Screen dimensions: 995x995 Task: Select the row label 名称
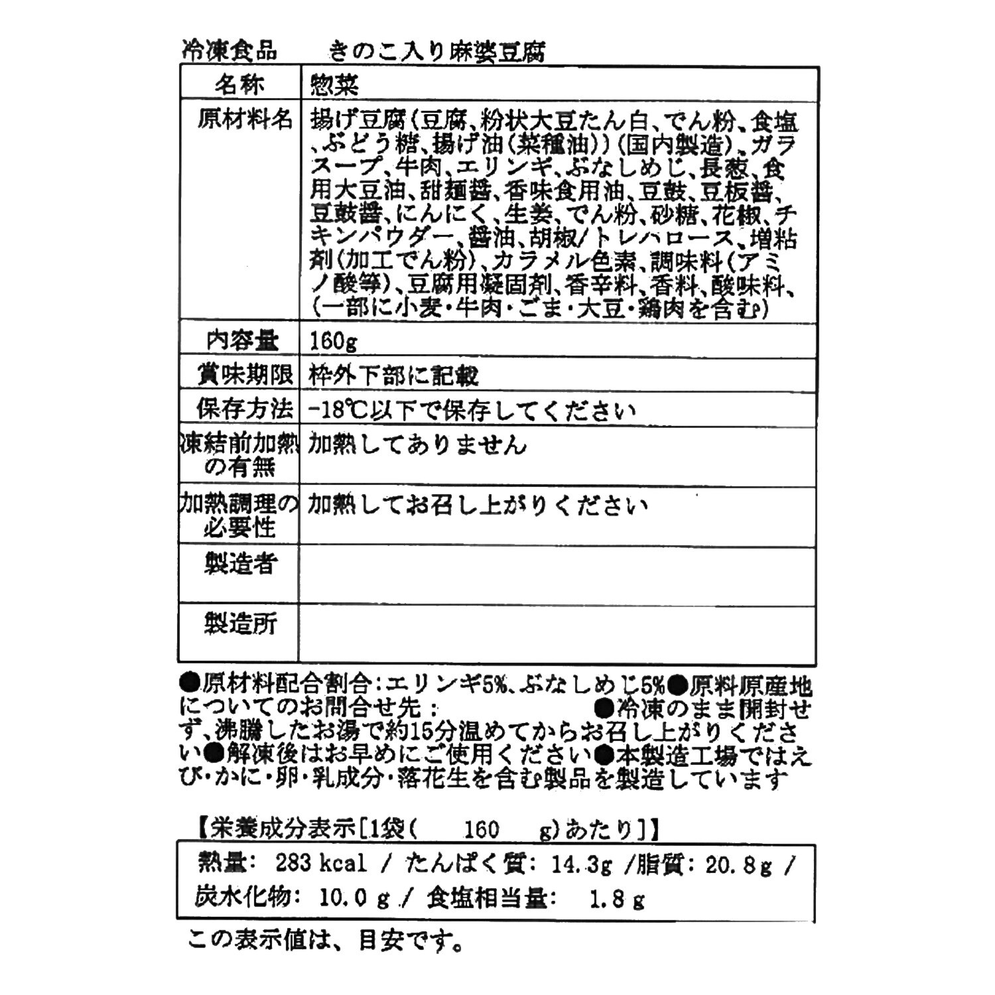point(239,84)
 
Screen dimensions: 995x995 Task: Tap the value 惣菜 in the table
point(335,85)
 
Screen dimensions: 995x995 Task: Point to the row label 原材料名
point(245,120)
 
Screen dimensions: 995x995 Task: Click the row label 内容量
point(242,341)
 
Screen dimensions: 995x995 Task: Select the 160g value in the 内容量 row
point(334,342)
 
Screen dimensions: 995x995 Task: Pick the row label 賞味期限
point(245,375)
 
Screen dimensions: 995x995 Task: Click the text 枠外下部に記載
point(393,376)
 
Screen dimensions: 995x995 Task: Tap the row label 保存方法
point(244,409)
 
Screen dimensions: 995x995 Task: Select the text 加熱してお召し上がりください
point(477,506)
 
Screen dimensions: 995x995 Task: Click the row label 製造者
point(239,564)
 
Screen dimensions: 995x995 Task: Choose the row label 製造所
point(239,624)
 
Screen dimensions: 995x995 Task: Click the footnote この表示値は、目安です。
point(324,941)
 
